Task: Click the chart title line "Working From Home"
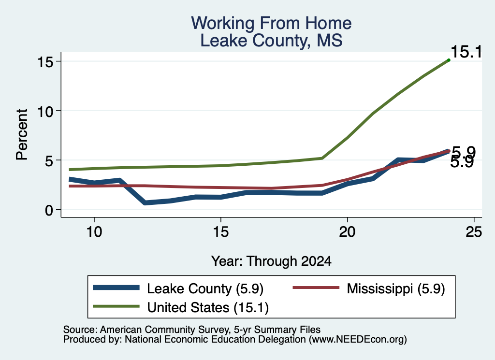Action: [271, 23]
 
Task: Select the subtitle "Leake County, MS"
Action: [271, 41]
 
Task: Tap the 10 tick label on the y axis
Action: [44, 111]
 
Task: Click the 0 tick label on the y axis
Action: [49, 210]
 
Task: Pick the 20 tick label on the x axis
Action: [347, 232]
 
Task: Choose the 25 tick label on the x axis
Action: [474, 232]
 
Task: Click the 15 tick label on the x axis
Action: [220, 232]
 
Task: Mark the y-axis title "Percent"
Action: [22, 135]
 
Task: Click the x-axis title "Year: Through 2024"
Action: [271, 261]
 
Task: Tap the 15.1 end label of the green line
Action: [466, 52]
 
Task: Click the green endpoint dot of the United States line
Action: [449, 60]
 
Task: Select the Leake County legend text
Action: [205, 288]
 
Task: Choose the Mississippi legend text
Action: [396, 288]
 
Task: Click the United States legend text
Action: [208, 308]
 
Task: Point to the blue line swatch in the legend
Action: [116, 288]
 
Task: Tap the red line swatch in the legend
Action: [316, 288]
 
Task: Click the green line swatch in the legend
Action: [116, 306]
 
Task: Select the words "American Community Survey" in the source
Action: [165, 330]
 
